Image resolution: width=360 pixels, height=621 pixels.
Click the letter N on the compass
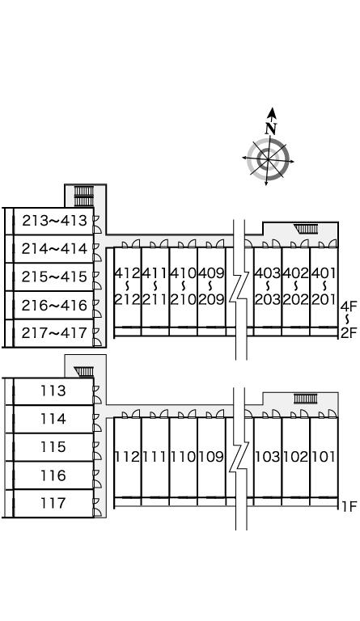tap(271, 129)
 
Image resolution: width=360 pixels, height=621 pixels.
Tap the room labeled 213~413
tap(54, 221)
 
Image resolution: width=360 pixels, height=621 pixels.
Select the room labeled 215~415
tap(54, 277)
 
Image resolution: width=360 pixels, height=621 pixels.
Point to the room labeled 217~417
tap(54, 333)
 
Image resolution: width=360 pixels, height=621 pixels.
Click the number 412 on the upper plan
tap(128, 272)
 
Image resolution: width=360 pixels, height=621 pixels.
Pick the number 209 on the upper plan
tap(211, 299)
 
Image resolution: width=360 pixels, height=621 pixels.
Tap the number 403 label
tap(268, 272)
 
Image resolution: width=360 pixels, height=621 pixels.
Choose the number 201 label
tap(324, 299)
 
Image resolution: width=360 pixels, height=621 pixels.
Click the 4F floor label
tap(349, 306)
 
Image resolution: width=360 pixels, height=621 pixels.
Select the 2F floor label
tap(349, 333)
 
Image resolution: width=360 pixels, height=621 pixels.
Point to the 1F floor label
tap(349, 506)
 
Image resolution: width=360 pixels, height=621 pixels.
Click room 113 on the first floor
tap(53, 391)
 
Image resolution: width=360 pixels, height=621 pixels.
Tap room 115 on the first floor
tap(53, 447)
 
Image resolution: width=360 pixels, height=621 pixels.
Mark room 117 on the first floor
tap(53, 504)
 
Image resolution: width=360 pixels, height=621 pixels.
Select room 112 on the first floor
tap(128, 457)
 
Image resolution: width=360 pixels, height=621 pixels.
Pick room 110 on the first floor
tap(184, 457)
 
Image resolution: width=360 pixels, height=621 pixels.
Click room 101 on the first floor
tap(324, 457)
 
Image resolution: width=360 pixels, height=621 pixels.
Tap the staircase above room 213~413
tap(84, 196)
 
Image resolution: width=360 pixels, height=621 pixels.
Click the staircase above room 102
tap(305, 399)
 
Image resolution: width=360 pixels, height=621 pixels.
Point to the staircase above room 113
tap(84, 371)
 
